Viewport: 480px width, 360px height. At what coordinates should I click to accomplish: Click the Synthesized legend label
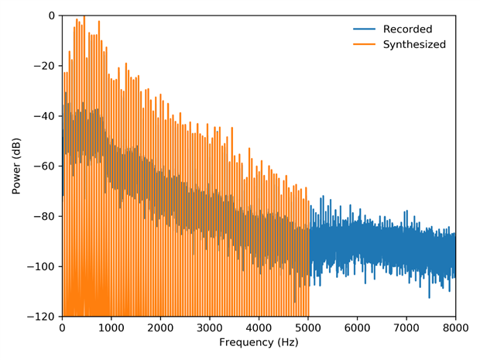[x=414, y=44]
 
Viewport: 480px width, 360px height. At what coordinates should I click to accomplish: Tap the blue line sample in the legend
[x=364, y=29]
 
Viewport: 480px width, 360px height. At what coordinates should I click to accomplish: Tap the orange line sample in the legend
[x=364, y=44]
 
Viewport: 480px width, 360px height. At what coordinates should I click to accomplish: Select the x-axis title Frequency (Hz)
[x=259, y=342]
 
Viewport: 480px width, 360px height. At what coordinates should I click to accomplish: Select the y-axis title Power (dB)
[x=17, y=166]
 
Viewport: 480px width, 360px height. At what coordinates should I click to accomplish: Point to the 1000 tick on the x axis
[x=111, y=327]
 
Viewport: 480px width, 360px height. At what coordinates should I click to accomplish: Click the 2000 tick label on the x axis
[x=160, y=327]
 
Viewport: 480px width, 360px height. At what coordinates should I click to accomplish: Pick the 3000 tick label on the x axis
[x=209, y=327]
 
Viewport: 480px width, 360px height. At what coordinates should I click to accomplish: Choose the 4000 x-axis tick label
[x=259, y=327]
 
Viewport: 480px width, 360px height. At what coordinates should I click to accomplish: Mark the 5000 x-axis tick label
[x=307, y=327]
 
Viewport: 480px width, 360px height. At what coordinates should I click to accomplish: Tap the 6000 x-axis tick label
[x=357, y=327]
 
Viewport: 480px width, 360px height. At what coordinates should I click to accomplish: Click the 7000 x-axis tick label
[x=406, y=327]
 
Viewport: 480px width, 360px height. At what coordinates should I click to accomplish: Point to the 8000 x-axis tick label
[x=454, y=327]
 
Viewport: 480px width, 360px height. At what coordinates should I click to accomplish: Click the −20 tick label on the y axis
[x=43, y=66]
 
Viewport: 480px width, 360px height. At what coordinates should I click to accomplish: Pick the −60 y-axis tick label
[x=43, y=166]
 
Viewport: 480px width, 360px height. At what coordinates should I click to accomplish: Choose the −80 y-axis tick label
[x=43, y=217]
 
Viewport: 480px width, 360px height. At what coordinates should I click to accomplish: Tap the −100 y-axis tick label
[x=41, y=266]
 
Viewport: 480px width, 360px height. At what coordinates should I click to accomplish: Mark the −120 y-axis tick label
[x=41, y=317]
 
